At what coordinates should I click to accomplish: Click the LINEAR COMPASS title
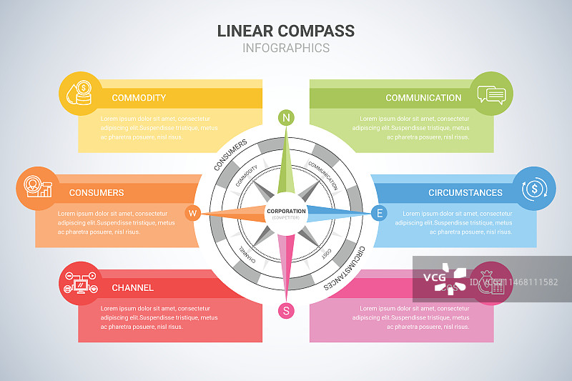(285, 31)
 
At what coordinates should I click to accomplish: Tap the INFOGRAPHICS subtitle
(285, 49)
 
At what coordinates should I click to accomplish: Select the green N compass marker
(286, 118)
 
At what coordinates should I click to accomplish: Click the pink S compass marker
(286, 310)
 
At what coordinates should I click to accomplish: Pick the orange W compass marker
(192, 213)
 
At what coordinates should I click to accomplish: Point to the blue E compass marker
(380, 212)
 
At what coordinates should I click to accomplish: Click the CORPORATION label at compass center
(286, 212)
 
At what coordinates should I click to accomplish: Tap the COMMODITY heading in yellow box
(139, 98)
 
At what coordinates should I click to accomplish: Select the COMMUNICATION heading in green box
(423, 98)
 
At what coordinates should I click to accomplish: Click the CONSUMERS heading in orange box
(97, 192)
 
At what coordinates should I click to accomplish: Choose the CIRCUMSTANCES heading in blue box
(465, 192)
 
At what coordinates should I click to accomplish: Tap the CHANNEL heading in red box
(132, 288)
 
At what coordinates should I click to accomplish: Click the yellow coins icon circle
(80, 94)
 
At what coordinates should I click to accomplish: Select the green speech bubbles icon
(492, 94)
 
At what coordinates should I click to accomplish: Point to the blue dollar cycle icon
(534, 188)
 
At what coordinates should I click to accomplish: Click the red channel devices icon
(80, 283)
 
